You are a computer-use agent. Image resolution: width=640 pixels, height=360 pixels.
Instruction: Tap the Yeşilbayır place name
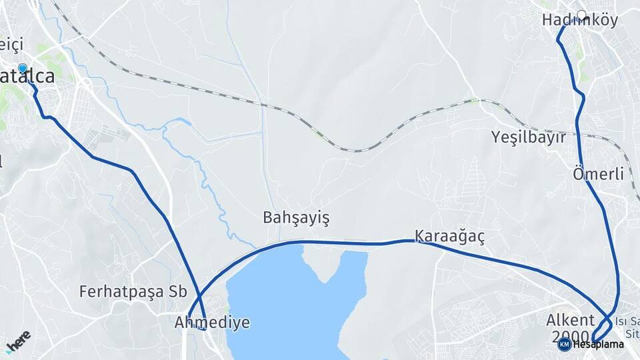[528, 138]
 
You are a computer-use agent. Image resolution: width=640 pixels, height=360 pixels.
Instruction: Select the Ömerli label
[598, 175]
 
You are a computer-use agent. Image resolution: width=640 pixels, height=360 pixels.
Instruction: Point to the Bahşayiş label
[296, 218]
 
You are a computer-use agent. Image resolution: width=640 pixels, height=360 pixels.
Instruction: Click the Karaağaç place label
[449, 236]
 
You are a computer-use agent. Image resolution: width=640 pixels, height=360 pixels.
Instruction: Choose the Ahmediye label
[212, 323]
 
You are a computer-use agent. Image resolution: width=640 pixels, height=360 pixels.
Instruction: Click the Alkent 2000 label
[570, 327]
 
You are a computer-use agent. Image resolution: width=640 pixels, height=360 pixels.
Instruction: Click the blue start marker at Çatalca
[23, 68]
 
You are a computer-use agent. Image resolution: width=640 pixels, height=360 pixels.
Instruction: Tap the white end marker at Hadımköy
[581, 14]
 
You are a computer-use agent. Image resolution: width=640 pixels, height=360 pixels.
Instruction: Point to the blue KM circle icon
[564, 345]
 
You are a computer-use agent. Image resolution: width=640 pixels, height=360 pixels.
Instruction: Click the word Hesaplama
[598, 345]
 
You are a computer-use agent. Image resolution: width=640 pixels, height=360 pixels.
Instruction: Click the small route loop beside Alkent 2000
[599, 330]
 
